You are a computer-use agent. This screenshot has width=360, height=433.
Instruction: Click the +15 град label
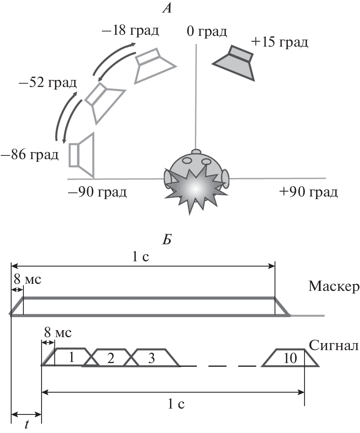coord(279,42)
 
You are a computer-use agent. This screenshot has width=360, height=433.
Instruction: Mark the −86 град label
coord(30,154)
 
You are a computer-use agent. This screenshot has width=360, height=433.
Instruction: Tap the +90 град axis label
coord(309,192)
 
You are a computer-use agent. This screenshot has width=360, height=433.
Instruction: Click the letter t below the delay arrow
coord(27,424)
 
